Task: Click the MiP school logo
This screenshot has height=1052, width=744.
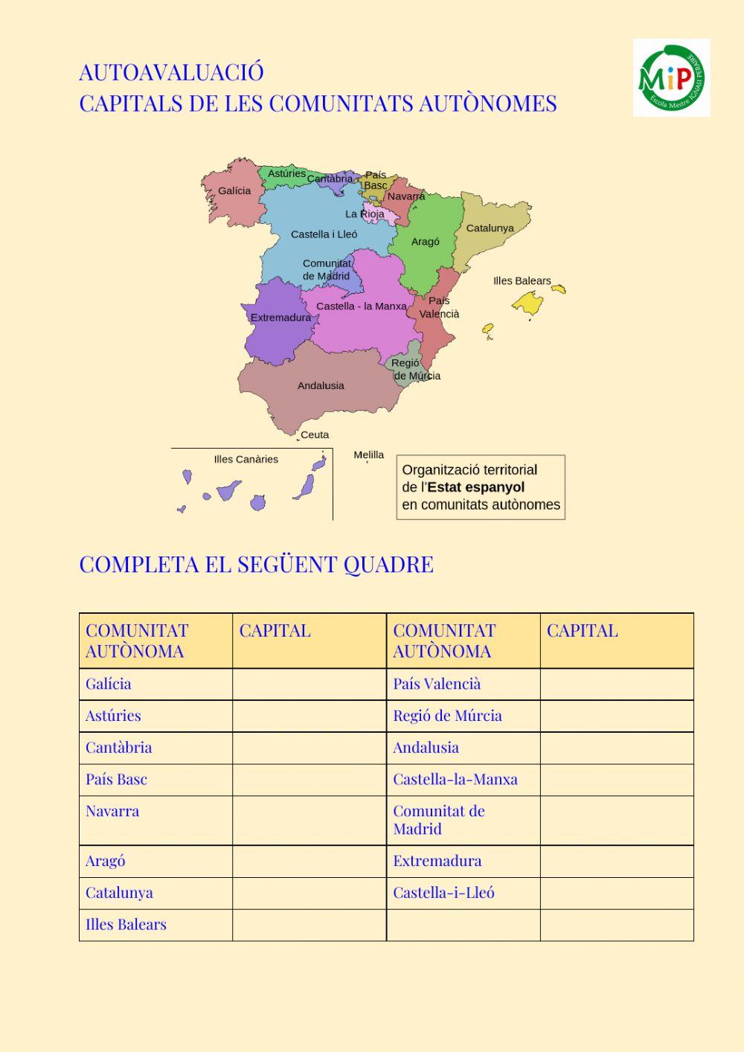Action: coord(671,77)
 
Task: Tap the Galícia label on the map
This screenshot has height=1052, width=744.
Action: coord(234,191)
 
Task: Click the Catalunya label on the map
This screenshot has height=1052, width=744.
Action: coord(490,228)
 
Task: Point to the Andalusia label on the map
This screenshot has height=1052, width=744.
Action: coord(321,385)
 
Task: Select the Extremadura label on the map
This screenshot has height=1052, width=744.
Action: coord(280,318)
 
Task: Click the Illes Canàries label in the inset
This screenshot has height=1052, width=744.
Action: coord(246,459)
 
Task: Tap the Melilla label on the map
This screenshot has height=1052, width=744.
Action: coord(369,455)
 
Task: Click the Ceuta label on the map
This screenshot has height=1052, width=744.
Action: coord(315,434)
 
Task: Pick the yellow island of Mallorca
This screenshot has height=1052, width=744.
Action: coord(527,303)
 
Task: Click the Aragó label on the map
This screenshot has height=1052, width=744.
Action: coord(425,242)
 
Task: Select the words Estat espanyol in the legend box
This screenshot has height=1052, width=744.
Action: coord(476,487)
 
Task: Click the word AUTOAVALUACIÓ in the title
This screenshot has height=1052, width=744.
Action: coord(171,72)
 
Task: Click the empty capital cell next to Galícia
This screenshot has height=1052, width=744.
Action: coord(309,684)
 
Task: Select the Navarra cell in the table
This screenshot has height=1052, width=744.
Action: coord(155,820)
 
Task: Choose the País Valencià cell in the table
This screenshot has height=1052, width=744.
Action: coord(463,684)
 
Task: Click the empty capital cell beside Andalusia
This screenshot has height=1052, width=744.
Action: coord(616,748)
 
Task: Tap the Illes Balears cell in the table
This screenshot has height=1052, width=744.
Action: coord(155,925)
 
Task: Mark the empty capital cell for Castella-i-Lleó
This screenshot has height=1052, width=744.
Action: coord(616,893)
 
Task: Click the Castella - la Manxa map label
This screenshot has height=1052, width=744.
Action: coord(361,306)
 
